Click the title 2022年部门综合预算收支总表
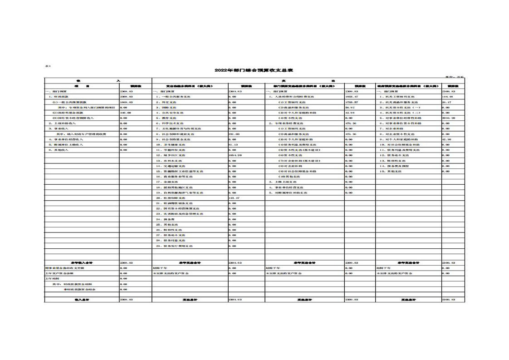(254, 71)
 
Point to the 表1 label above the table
(48, 66)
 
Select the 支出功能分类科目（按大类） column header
(189, 86)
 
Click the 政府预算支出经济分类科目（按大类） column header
(407, 86)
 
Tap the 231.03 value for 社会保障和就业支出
(234, 134)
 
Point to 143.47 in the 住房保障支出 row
(234, 198)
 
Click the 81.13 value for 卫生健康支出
(233, 145)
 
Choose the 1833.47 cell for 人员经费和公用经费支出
(352, 97)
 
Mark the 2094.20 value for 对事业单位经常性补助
(449, 118)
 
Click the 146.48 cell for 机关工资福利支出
(448, 97)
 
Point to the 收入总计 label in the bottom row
(82, 300)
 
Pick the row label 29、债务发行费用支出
(174, 246)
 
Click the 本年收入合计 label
(82, 263)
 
